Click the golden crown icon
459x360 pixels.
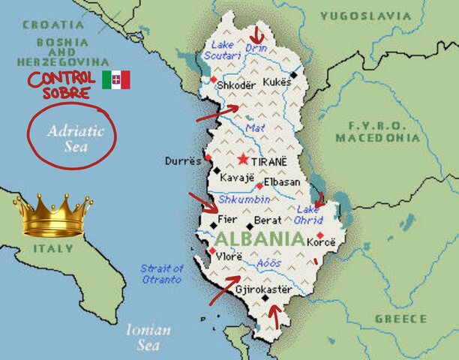52,214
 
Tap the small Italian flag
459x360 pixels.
116,79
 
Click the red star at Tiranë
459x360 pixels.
242,160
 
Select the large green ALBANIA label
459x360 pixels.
259,240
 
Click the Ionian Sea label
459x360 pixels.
148,337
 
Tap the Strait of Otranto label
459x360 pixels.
161,274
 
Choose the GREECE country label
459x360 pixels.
400,318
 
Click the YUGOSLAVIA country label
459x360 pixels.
365,15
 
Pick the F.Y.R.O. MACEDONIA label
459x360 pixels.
377,132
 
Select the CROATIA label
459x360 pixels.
53,25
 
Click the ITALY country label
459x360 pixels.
52,248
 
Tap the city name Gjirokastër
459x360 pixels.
263,289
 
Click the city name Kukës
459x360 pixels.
276,80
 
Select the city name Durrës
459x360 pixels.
184,160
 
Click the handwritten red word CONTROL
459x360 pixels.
61,78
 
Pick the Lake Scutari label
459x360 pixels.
225,50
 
